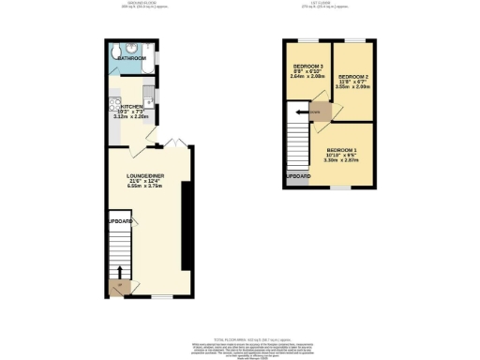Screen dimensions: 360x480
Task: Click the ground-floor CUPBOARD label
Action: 119,221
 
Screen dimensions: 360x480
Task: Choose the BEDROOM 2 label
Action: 352,75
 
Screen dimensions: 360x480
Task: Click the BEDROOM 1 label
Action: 341,150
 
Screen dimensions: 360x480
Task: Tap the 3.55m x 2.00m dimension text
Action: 352,87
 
